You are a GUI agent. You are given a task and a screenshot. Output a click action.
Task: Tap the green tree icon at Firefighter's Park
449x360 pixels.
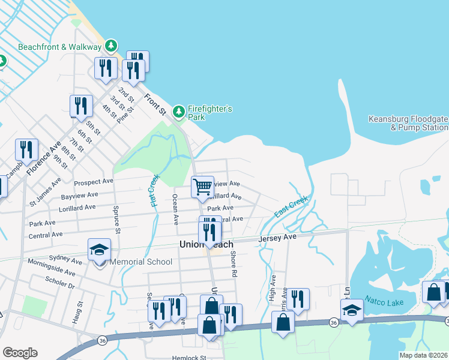[178, 111]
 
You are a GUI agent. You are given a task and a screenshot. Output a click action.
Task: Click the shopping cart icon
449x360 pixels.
[202, 187]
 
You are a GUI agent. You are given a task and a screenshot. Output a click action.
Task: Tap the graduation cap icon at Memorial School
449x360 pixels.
[99, 250]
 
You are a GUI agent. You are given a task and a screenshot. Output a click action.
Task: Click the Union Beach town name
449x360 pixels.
[206, 244]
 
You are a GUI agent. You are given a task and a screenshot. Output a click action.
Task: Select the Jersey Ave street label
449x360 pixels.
[278, 238]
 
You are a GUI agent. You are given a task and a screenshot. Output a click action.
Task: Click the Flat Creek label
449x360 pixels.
[153, 190]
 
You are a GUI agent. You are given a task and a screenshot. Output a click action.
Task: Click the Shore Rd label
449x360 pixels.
[233, 263]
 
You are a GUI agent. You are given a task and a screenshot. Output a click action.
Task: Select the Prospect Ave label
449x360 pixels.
[93, 182]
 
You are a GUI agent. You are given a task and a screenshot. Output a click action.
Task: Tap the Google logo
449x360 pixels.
[20, 353]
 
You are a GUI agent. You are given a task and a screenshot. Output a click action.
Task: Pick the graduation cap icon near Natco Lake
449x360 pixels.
[352, 310]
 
